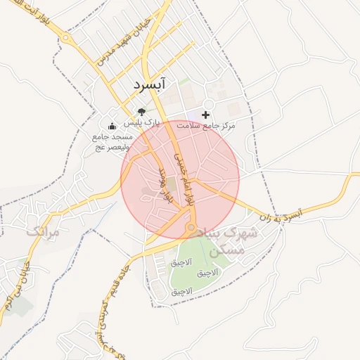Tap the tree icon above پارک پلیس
coord(141,111)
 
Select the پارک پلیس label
coord(147,122)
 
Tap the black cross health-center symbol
coord(206,115)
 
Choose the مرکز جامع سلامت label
coord(205,125)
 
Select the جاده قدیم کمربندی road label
coord(113,303)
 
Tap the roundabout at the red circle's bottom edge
coord(191,229)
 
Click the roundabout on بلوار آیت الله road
coord(68,39)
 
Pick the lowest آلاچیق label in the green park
coord(181,291)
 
